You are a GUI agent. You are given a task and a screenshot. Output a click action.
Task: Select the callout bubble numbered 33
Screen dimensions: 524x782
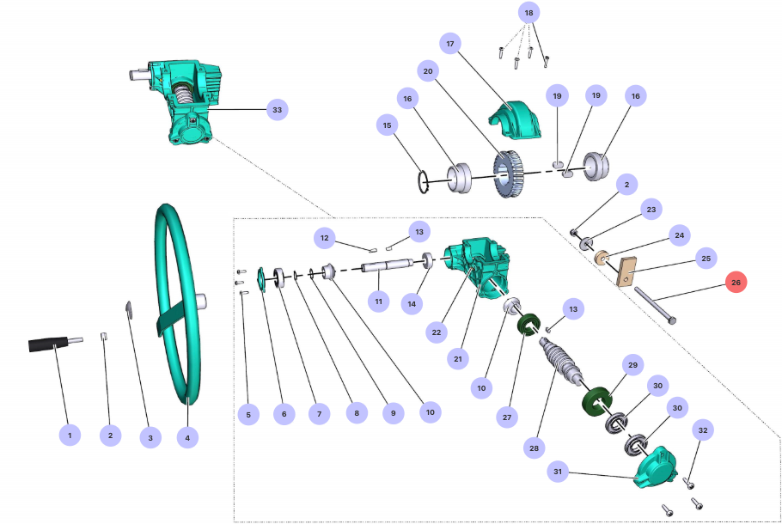pos(277,110)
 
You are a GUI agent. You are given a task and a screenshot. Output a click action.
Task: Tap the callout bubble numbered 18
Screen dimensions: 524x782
pos(528,14)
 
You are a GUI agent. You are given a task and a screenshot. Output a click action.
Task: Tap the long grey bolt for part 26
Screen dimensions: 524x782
pos(657,308)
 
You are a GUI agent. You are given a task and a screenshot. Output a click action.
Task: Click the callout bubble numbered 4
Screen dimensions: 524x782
pos(187,437)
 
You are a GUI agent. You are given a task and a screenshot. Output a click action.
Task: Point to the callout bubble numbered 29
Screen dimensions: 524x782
pos(632,366)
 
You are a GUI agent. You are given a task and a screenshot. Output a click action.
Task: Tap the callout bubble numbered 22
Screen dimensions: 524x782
pos(437,332)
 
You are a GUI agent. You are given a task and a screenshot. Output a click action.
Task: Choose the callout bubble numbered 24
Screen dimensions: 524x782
pos(679,235)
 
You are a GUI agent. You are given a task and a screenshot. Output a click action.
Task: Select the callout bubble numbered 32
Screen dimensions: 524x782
pos(703,430)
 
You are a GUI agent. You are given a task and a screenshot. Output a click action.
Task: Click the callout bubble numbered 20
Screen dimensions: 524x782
pos(426,70)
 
